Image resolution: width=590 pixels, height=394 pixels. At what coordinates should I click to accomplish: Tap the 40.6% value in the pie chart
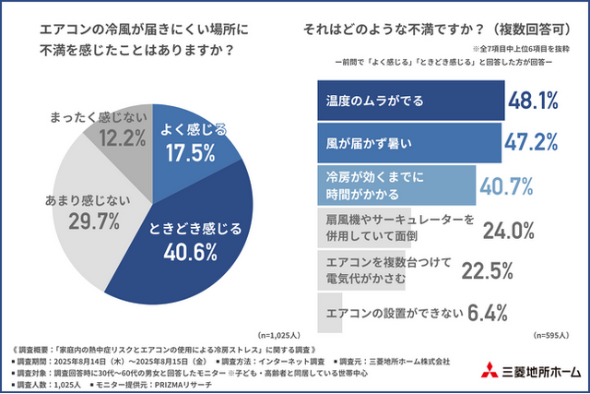click(188, 251)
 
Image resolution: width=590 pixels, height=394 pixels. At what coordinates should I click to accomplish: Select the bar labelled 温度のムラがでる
click(405, 100)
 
